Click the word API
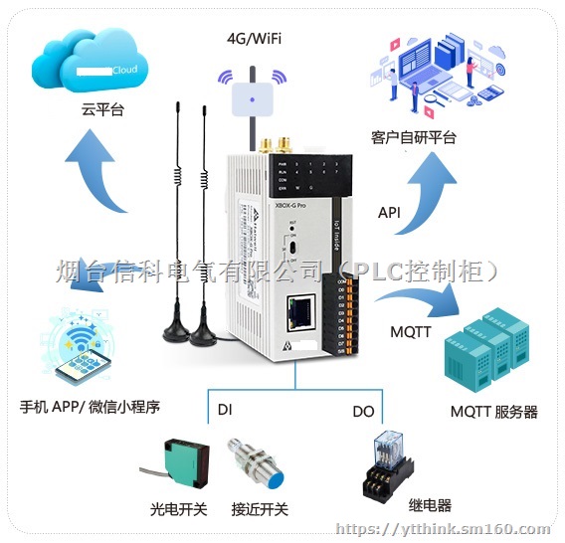pos(391,213)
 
